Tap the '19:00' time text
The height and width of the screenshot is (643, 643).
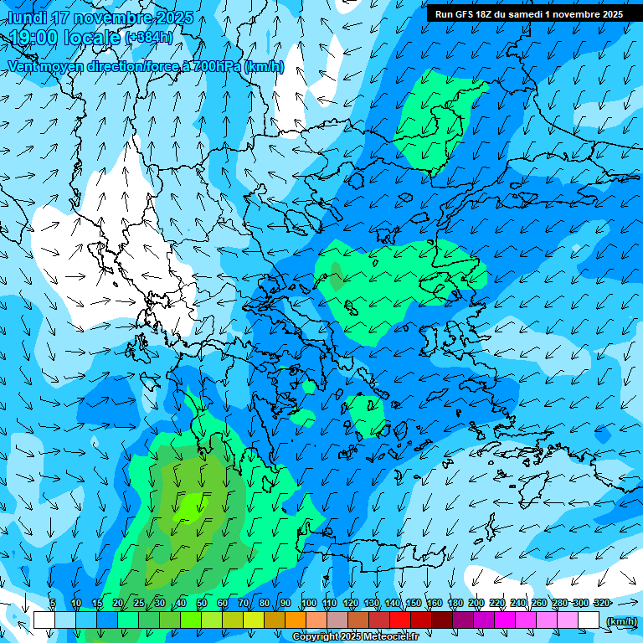click(31, 38)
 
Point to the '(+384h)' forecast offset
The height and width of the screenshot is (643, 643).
click(149, 38)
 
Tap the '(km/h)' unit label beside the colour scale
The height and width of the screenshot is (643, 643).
click(620, 620)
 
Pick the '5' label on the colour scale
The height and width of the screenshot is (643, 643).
click(53, 603)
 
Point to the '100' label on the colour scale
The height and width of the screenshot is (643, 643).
click(309, 603)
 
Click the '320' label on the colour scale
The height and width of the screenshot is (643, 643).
click(601, 603)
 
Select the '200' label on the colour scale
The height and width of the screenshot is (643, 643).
click(476, 603)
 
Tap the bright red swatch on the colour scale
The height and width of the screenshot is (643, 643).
click(399, 620)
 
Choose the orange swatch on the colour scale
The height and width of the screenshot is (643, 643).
click(295, 620)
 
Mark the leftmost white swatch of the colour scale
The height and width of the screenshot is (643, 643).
click(44, 620)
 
